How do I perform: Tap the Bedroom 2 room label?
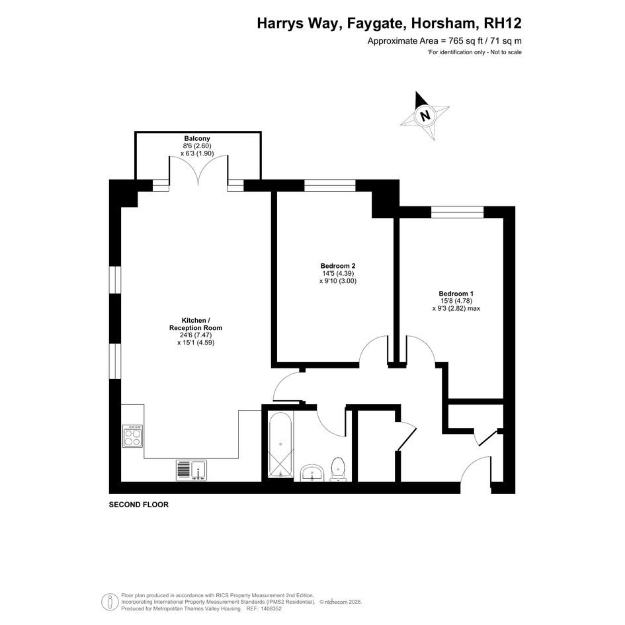pos(337,266)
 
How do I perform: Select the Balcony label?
pos(197,139)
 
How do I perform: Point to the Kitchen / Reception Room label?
pos(196,324)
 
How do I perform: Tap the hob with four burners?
pos(133,436)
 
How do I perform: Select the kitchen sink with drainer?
pos(191,470)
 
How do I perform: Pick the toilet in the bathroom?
pos(338,469)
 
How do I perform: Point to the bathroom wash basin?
pos(312,473)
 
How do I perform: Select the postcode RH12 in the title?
pos(503,23)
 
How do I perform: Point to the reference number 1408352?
pos(271,608)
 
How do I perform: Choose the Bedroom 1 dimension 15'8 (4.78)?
pos(456,301)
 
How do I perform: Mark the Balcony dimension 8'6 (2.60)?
pos(197,146)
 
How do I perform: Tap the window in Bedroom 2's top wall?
pos(330,186)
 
